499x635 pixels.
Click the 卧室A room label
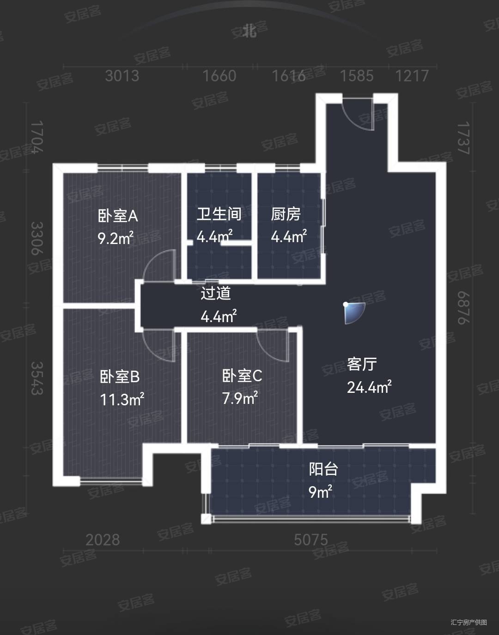point(118,216)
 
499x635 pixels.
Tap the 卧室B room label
point(120,377)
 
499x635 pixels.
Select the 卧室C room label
point(242,376)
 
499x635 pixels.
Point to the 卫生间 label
point(219,214)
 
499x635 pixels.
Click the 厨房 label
point(286,214)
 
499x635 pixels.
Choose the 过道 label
point(215,293)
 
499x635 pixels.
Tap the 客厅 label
point(362,364)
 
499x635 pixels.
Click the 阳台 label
point(323,469)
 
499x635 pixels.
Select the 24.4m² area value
point(369,387)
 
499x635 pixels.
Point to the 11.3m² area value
point(122,399)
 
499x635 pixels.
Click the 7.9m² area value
point(240,398)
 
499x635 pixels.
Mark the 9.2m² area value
point(116,238)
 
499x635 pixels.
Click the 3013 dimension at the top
point(122,76)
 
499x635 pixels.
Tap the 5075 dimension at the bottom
point(311,539)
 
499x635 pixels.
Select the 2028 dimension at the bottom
point(103,539)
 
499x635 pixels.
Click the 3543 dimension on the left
point(37,378)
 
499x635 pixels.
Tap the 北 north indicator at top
point(250,31)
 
